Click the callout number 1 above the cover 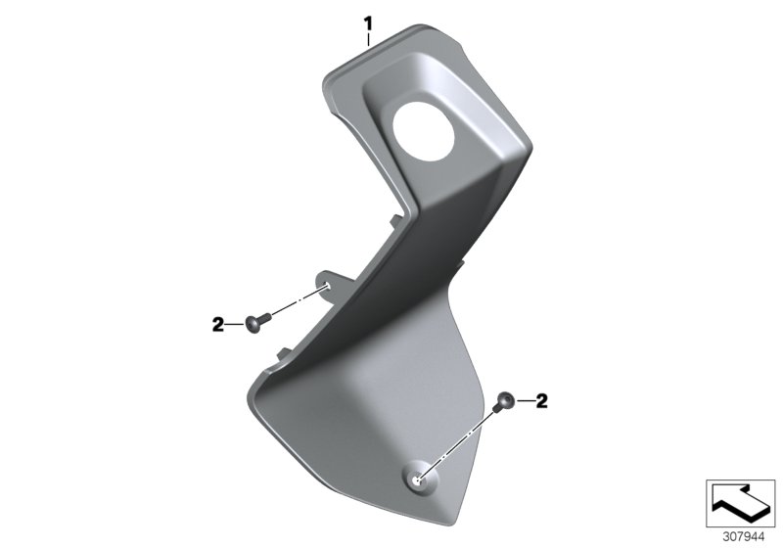(368, 22)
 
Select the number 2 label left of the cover (217, 322)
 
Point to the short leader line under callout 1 (368, 39)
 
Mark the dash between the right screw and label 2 (526, 400)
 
